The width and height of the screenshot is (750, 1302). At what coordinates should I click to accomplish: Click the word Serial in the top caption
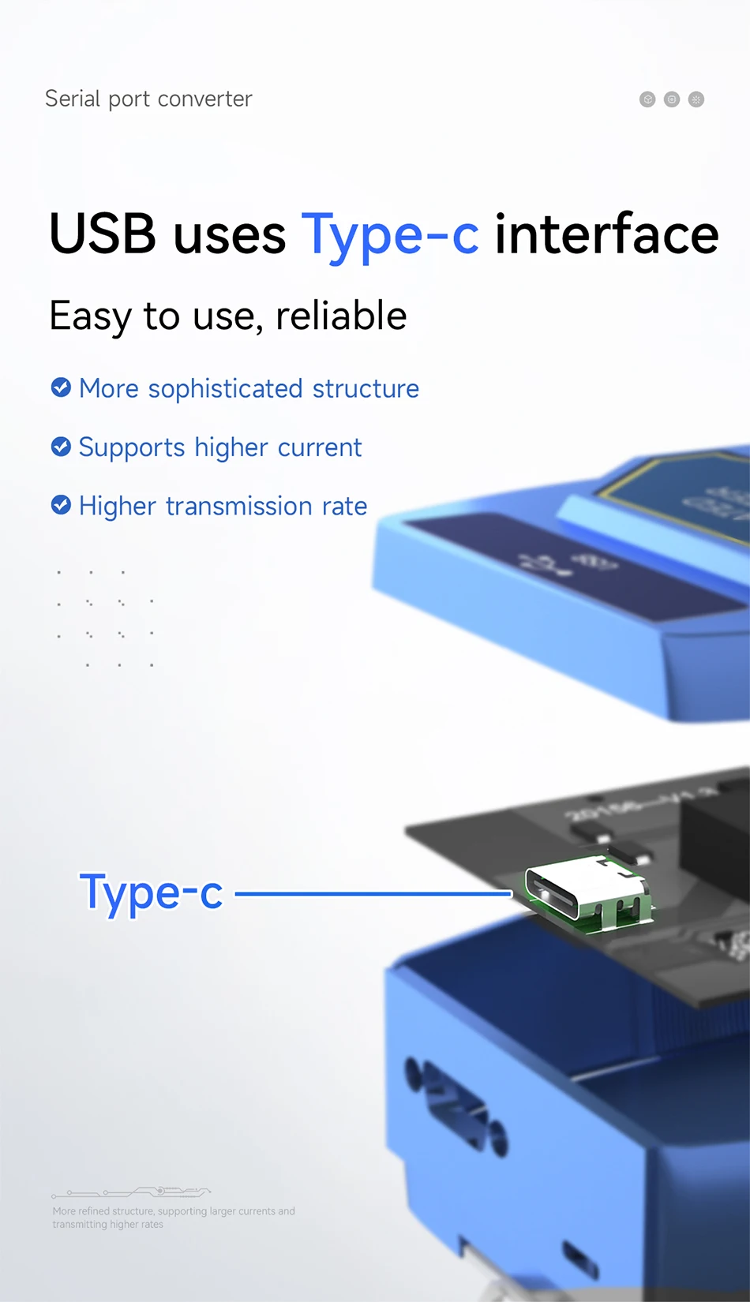tap(73, 99)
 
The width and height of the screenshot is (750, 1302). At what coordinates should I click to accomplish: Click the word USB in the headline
tap(103, 234)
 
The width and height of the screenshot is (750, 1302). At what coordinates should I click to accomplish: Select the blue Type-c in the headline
tap(390, 236)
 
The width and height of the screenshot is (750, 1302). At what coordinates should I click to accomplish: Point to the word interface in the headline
tap(606, 234)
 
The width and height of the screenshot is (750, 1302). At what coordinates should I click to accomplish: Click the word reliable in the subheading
tap(341, 316)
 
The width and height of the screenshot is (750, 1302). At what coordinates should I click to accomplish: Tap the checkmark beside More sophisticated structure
tap(61, 387)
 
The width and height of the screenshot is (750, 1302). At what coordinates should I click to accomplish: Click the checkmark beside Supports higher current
tap(61, 447)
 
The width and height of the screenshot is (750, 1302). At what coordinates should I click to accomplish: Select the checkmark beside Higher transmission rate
tap(61, 505)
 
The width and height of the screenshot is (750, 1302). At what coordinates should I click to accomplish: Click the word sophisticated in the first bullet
tap(225, 389)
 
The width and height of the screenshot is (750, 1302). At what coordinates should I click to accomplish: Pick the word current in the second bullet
tap(319, 447)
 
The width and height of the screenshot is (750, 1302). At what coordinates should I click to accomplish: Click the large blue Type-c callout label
tap(152, 893)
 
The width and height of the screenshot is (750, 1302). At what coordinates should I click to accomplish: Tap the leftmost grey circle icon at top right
tap(647, 99)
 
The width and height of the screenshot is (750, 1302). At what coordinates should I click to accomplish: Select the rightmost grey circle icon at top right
tap(696, 99)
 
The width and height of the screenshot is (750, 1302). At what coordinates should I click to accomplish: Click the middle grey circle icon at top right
tap(672, 99)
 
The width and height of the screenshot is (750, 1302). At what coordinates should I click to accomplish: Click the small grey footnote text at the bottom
tap(174, 1217)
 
